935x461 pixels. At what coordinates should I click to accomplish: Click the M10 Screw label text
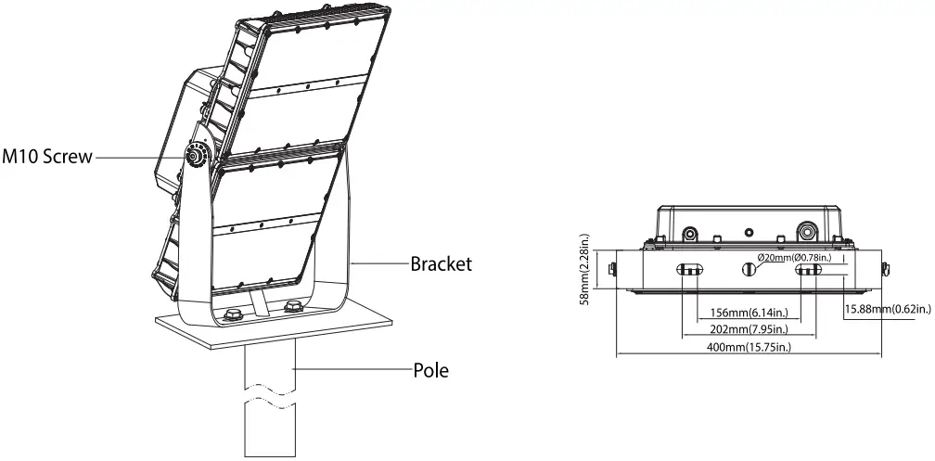[x=47, y=157]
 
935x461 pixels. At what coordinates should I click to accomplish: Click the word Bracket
[x=442, y=264]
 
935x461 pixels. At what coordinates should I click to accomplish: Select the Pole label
[x=430, y=371]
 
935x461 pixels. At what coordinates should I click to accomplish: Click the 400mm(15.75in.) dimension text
[x=749, y=347]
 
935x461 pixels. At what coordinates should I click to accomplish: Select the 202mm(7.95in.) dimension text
[x=749, y=329]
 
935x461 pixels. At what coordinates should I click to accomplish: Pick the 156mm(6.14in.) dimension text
[x=749, y=313]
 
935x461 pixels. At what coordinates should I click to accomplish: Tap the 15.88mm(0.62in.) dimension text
[x=888, y=309]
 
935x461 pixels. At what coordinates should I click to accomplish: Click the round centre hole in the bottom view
[x=749, y=269]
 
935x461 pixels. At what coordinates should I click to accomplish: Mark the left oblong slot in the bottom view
[x=691, y=270]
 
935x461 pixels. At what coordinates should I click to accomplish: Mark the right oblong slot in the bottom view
[x=809, y=270]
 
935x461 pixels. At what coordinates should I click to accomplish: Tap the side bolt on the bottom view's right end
[x=887, y=270]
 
